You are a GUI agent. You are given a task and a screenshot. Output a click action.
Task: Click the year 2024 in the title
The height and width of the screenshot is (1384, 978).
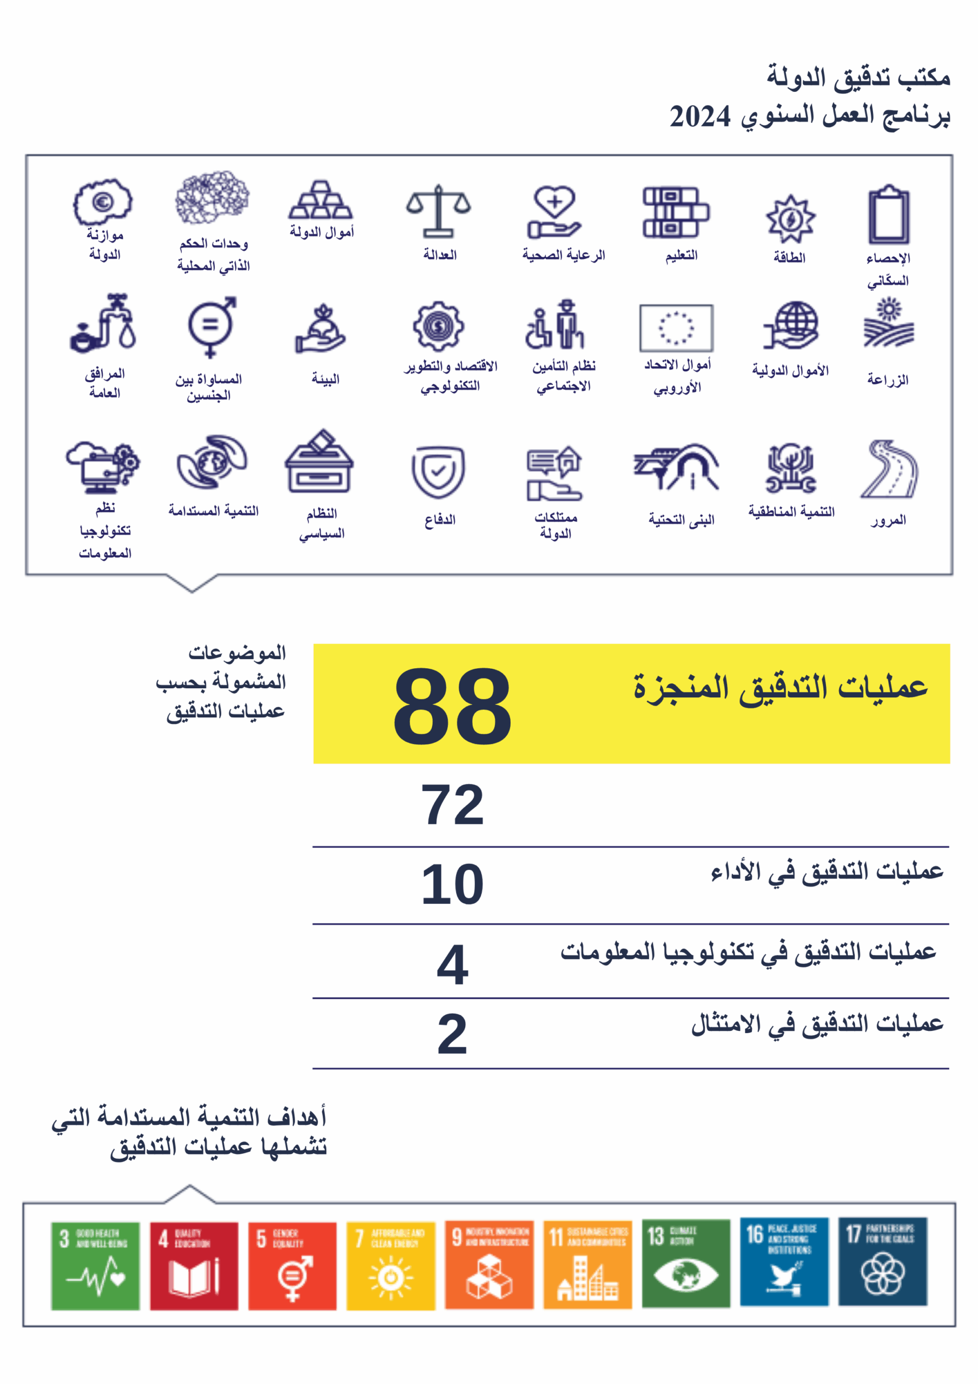tap(699, 116)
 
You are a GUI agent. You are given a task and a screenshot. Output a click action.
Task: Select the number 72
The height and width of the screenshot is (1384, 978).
tap(452, 805)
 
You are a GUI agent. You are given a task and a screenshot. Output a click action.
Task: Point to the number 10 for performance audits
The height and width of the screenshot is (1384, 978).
tap(452, 884)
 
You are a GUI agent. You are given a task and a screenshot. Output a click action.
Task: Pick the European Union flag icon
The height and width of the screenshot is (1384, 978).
tap(676, 328)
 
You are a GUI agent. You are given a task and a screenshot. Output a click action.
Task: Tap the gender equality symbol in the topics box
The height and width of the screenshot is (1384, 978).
tap(210, 326)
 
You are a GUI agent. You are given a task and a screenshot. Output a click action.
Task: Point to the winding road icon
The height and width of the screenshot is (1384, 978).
tap(889, 470)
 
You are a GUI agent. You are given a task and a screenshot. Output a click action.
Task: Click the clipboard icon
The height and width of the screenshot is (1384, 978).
tap(889, 215)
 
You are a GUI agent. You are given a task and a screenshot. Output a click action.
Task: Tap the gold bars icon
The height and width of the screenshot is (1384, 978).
tap(320, 200)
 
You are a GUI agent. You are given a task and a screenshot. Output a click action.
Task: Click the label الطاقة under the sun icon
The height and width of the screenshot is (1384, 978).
tap(789, 258)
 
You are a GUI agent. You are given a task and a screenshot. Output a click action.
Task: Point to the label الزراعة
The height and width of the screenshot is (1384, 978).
tap(888, 380)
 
